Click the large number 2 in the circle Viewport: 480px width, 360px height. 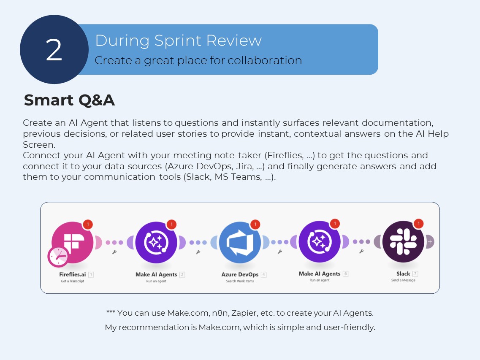[54, 50]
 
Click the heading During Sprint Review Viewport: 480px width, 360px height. [178, 41]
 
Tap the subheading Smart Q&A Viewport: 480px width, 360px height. [69, 100]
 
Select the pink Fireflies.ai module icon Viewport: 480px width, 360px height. [73, 242]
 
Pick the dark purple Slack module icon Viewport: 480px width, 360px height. [403, 242]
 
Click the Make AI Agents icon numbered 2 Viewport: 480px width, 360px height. [157, 242]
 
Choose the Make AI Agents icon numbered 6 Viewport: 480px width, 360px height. [320, 242]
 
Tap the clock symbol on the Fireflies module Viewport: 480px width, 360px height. [58, 256]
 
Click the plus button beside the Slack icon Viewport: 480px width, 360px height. [430, 242]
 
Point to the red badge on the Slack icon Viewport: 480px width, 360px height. [418, 224]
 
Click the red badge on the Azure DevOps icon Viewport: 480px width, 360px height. [255, 224]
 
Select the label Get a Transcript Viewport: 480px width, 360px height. [72, 281]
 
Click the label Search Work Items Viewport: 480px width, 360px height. [240, 281]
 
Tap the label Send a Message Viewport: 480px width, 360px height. [403, 280]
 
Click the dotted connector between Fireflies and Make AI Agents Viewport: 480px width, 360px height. [114, 243]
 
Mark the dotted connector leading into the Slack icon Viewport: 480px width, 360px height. [361, 242]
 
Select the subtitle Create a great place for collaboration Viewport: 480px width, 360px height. [198, 60]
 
